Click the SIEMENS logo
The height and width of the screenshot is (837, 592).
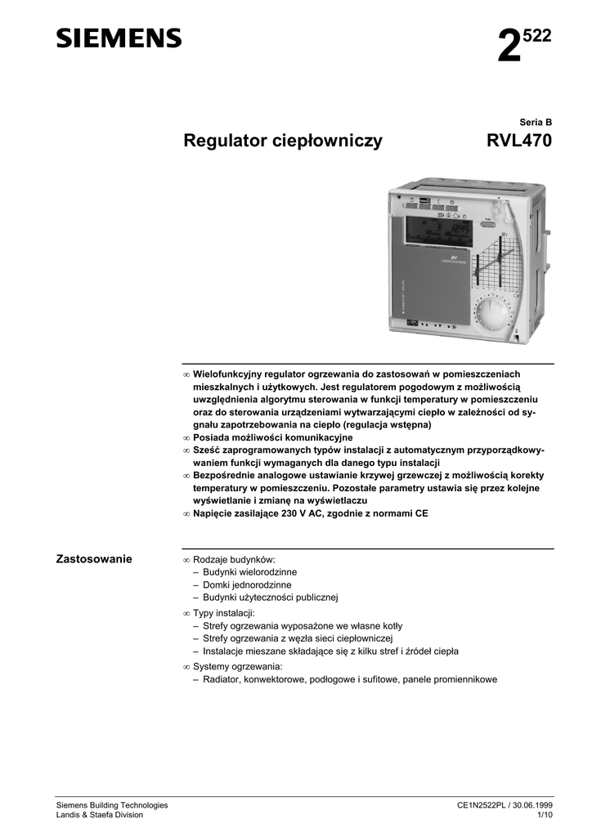119,38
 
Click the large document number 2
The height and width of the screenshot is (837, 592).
509,47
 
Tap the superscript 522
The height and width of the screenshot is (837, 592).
537,35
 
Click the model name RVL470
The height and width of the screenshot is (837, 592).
519,141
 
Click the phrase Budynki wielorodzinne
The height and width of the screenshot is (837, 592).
244,572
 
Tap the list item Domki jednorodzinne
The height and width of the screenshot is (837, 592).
241,585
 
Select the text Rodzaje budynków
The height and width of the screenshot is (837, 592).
230,559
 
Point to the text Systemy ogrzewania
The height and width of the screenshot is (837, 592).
232,666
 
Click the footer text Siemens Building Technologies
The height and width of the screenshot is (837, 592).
111,805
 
